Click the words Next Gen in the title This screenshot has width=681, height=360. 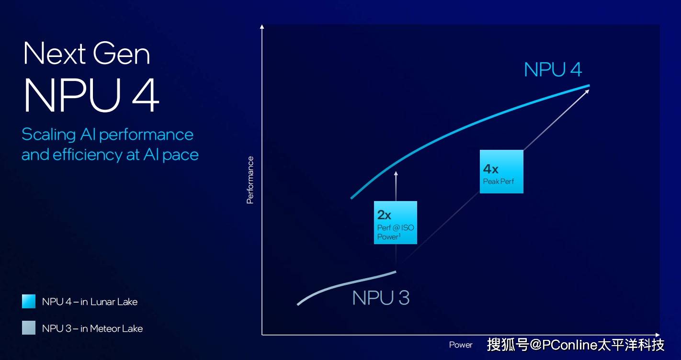(x=87, y=54)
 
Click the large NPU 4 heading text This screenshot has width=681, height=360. (x=91, y=95)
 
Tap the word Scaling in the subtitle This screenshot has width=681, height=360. (x=49, y=135)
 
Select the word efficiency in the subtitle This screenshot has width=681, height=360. (x=87, y=155)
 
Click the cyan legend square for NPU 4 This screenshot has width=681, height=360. (x=29, y=302)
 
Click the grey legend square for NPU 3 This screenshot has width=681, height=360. (x=29, y=328)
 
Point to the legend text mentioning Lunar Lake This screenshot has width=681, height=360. (x=90, y=302)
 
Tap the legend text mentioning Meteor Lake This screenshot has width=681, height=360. (x=92, y=328)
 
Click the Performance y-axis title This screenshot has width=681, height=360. (x=250, y=180)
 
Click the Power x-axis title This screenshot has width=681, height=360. (x=461, y=345)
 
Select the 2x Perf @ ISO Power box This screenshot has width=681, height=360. (x=396, y=223)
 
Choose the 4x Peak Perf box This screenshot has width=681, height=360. (x=501, y=171)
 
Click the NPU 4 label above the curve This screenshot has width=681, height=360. (x=553, y=69)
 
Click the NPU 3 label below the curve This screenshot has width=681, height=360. (x=381, y=298)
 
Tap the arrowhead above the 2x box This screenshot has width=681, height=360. (x=396, y=173)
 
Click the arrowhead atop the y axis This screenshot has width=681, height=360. (x=262, y=26)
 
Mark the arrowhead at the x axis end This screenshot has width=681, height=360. (x=658, y=335)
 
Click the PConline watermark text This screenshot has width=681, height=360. (x=576, y=345)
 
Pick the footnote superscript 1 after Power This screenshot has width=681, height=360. (x=399, y=235)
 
